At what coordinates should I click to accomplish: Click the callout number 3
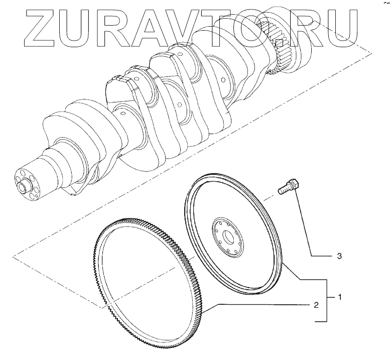click(x=339, y=256)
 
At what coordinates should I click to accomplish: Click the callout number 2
click(x=316, y=305)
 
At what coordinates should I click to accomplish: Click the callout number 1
click(x=339, y=297)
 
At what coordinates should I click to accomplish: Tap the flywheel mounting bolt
click(x=288, y=187)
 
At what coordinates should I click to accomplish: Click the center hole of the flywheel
click(x=228, y=237)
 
